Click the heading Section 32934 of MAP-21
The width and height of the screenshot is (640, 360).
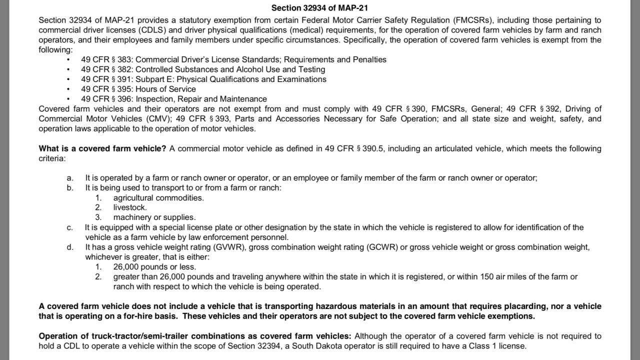pos(319,8)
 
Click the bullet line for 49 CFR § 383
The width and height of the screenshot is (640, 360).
pos(233,59)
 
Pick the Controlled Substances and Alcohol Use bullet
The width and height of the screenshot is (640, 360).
pos(203,69)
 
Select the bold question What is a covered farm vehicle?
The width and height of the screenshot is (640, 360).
pos(102,148)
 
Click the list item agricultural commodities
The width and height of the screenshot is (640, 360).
pos(158,197)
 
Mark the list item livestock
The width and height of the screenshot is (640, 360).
pos(130,207)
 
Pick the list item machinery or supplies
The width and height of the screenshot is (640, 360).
pos(154,217)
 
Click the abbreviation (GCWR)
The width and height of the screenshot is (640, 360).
pos(382,247)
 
